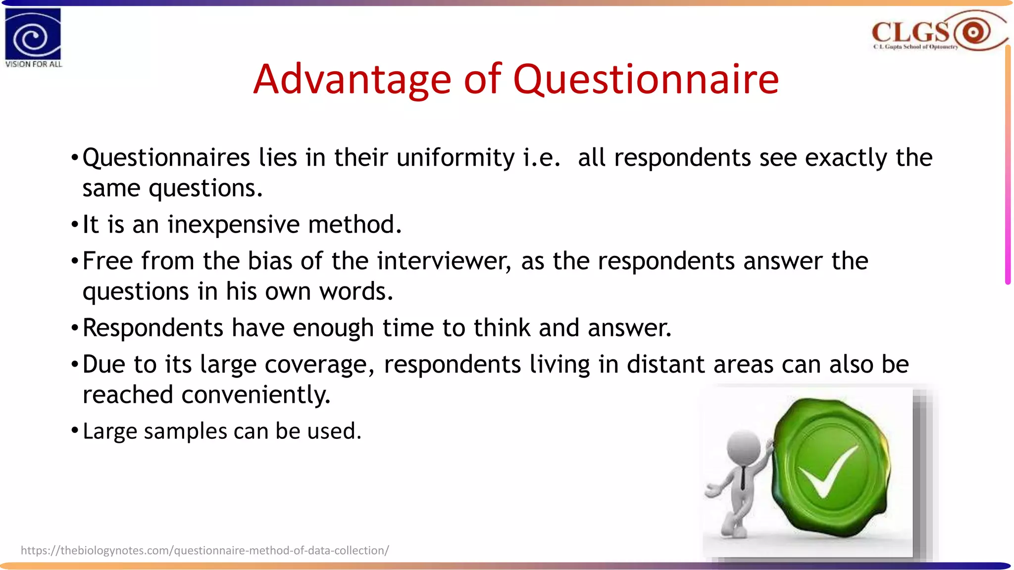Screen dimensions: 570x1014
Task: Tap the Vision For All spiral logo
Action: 33,35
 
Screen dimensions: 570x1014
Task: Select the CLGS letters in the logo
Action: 910,32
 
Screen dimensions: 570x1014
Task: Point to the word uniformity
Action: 456,158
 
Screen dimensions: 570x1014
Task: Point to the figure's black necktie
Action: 743,478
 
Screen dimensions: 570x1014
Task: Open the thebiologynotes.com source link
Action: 204,551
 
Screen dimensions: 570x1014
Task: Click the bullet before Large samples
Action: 75,430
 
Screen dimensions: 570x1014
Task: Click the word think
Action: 502,329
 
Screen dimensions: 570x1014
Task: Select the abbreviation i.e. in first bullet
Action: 542,158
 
